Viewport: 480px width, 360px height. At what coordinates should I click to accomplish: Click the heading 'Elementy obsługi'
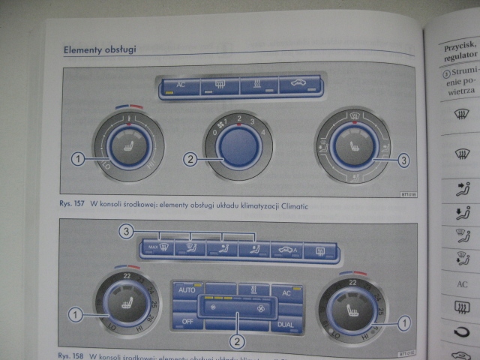100,50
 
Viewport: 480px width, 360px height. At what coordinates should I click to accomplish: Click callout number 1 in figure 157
77,158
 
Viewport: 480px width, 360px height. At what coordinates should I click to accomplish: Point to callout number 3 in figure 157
403,160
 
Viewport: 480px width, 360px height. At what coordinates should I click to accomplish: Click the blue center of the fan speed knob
241,145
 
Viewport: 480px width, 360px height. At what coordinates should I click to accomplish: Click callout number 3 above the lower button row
126,231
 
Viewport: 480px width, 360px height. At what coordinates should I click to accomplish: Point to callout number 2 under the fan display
237,342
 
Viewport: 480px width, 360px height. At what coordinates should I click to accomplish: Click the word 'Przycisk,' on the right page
456,45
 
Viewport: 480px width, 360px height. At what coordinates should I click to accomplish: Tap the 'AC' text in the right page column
463,285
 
